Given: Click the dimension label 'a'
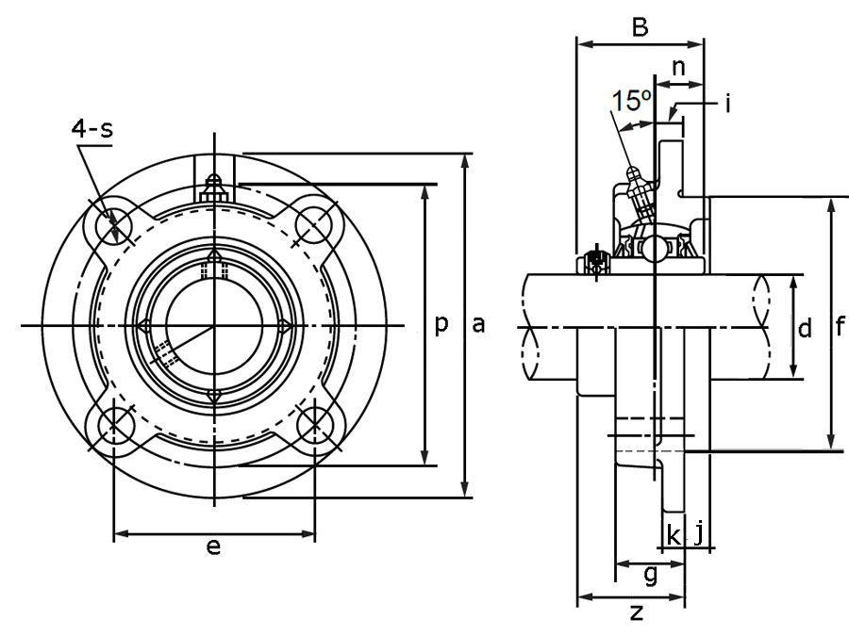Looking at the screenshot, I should pos(478,325).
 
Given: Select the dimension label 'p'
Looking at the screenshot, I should pos(441,325).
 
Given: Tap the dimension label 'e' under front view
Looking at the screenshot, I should pos(213,546).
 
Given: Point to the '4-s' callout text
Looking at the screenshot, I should pos(92,128).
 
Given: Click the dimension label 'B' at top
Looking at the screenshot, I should pos(640,28).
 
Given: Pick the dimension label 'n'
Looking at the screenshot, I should pos(677,67).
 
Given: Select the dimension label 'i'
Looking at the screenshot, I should pos(728,103).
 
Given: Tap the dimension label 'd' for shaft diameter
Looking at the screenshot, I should pos(805,329).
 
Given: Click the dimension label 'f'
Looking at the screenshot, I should pos(841,327).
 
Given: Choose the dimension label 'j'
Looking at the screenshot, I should pos(699,534).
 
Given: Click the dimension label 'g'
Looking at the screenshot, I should pos(649,575).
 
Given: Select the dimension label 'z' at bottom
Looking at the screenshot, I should pos(637,613).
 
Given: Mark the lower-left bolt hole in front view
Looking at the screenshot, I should pos(113,426).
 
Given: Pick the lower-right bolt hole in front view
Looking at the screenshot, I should pos(314,426).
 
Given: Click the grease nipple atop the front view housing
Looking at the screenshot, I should pos(214,186).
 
